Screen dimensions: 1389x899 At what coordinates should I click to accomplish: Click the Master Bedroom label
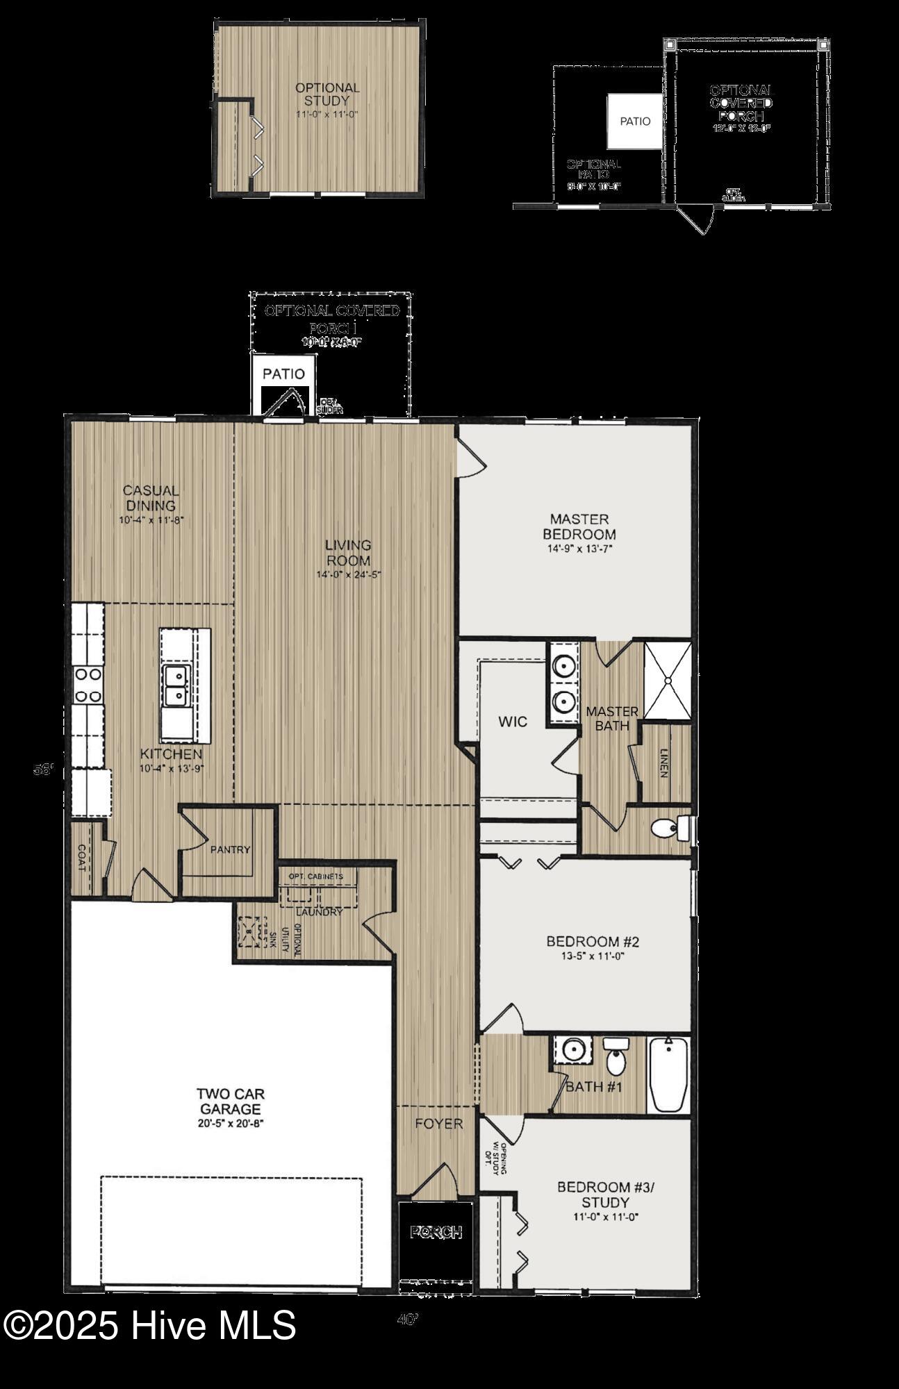click(x=579, y=527)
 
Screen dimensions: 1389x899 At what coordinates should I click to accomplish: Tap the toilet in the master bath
click(x=667, y=828)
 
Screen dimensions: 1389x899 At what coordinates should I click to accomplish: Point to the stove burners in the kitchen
click(x=88, y=684)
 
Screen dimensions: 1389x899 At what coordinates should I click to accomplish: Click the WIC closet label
click(x=513, y=722)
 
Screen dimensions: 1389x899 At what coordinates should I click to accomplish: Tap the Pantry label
click(x=230, y=849)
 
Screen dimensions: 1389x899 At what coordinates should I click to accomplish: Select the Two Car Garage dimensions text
click(x=230, y=1123)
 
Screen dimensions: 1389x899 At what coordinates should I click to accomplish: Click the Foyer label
click(x=438, y=1124)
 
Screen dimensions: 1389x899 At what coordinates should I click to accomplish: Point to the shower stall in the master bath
click(x=668, y=680)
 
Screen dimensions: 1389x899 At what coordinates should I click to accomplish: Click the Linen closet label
click(x=664, y=763)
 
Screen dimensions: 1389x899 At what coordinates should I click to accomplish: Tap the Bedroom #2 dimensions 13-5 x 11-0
click(x=592, y=956)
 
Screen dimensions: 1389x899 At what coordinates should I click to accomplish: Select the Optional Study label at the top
click(x=327, y=94)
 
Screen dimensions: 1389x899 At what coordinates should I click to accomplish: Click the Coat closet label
click(x=81, y=858)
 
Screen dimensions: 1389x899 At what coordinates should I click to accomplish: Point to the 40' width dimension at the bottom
click(x=408, y=1320)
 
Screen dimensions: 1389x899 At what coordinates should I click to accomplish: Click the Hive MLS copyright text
click(x=149, y=1325)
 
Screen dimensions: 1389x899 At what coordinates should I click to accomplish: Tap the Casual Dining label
click(x=151, y=498)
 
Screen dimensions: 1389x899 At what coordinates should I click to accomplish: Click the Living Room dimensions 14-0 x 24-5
click(x=349, y=574)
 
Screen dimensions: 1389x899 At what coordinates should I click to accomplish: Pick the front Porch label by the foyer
click(x=436, y=1233)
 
